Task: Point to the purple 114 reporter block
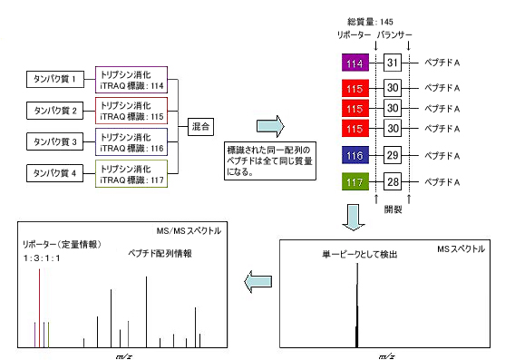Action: (355, 63)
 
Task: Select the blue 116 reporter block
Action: (355, 155)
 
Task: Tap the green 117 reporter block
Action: (355, 181)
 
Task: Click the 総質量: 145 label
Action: (370, 22)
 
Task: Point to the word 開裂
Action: (393, 209)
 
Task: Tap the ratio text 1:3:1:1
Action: (42, 258)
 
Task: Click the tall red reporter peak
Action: (39, 308)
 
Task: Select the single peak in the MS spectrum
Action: (357, 306)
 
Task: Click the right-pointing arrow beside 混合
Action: (270, 126)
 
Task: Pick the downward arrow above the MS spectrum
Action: (354, 218)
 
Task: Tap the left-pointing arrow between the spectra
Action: (258, 281)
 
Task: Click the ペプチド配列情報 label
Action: (160, 253)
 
